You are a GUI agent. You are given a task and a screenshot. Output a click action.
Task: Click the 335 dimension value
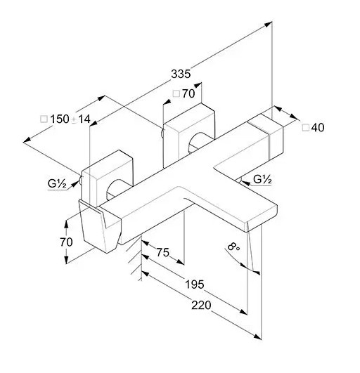[x=181, y=74]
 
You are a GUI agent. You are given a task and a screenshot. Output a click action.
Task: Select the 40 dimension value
[x=318, y=128]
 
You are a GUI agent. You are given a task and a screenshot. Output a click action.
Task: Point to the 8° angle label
[x=233, y=247]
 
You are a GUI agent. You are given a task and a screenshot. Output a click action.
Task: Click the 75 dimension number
[x=163, y=252]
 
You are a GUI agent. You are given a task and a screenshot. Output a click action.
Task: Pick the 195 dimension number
[x=195, y=284]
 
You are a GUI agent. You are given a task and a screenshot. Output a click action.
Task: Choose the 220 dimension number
[x=201, y=305]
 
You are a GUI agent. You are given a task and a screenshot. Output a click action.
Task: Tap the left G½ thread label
[x=57, y=184]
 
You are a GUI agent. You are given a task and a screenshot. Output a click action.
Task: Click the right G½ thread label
[x=262, y=180]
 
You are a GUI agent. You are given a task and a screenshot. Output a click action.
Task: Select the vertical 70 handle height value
[x=66, y=242]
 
